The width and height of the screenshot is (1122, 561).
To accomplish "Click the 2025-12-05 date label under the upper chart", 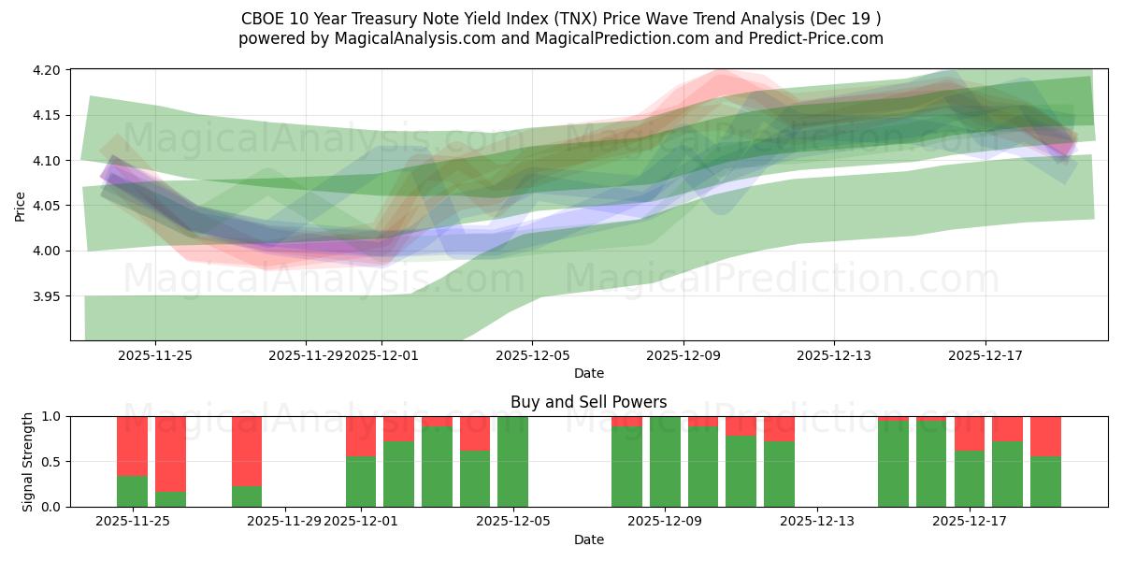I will tap(532, 355).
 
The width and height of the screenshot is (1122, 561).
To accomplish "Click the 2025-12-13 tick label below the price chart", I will tap(834, 355).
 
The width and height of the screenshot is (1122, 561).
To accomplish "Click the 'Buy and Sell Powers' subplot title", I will tap(588, 402).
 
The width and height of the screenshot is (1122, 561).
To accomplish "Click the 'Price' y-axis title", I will tap(21, 206).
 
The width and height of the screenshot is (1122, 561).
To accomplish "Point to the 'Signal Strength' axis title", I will tap(28, 461).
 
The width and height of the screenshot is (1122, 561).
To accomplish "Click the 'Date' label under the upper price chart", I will tap(588, 373).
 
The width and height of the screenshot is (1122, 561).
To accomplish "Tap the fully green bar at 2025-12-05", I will tap(512, 462).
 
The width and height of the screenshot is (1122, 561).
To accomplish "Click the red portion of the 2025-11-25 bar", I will tap(132, 445).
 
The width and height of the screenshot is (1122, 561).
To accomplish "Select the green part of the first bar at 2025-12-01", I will tap(361, 482).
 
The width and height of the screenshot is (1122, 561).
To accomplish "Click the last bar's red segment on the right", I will tap(1045, 436).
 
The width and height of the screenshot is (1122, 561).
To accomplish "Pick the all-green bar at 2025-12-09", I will tap(665, 462).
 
